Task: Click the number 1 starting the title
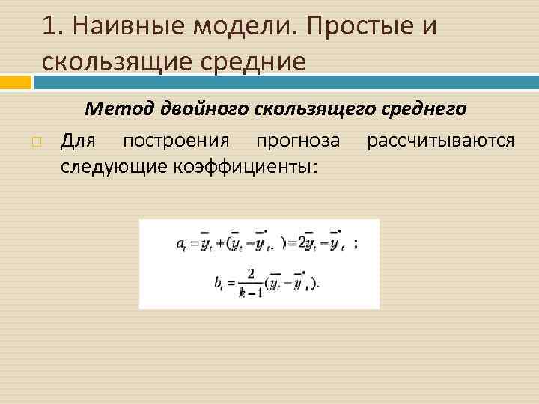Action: tap(49, 28)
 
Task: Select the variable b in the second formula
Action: tap(218, 284)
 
